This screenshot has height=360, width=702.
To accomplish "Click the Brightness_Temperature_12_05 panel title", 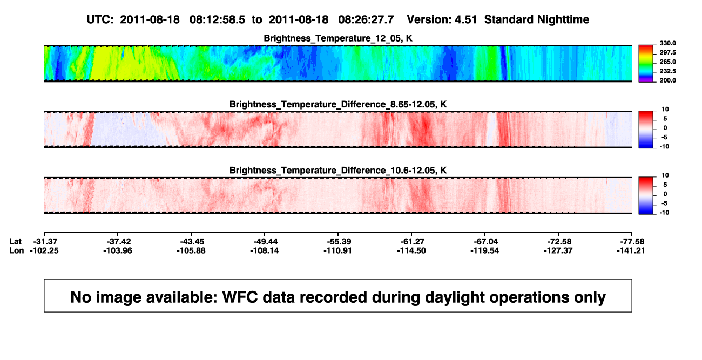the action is click(338, 38).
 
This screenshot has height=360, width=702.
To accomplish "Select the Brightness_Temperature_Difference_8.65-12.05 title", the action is click(338, 104).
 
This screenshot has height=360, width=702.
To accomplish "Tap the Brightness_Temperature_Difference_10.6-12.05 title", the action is click(338, 171).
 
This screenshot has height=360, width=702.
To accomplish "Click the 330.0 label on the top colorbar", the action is click(667, 43).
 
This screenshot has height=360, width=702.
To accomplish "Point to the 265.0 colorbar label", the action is click(667, 62).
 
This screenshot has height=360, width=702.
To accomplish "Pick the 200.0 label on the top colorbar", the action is click(667, 80).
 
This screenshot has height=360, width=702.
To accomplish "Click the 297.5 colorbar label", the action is click(667, 52).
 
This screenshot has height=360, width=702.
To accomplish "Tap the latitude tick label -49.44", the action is click(265, 242).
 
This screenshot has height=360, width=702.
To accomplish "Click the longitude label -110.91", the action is click(338, 250).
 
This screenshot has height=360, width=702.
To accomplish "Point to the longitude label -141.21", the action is click(631, 250).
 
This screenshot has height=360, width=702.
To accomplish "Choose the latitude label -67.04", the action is click(485, 242).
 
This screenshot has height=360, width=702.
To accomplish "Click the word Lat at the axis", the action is click(15, 242).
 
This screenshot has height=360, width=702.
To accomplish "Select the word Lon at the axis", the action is click(16, 250).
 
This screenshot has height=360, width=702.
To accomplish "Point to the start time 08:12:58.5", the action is click(217, 19).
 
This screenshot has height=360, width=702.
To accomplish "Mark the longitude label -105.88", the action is click(191, 250).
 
